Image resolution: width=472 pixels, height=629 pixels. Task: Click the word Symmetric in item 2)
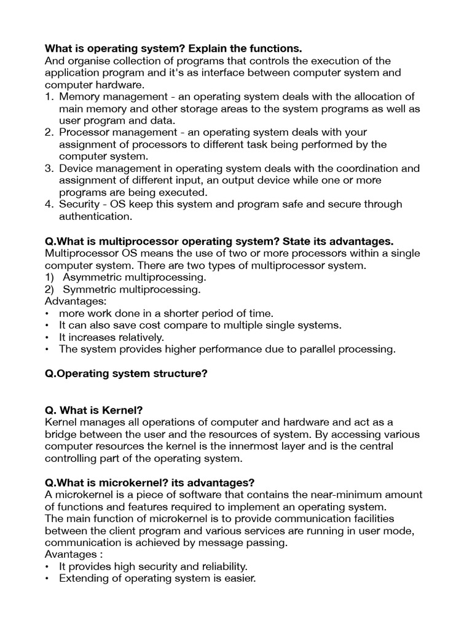point(90,289)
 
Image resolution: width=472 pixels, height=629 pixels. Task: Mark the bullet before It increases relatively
point(48,337)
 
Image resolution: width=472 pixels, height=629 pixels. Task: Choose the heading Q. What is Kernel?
point(94,410)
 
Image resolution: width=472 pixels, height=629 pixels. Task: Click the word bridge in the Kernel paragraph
point(61,434)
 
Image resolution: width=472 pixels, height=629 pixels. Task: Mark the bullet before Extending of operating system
point(48,579)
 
